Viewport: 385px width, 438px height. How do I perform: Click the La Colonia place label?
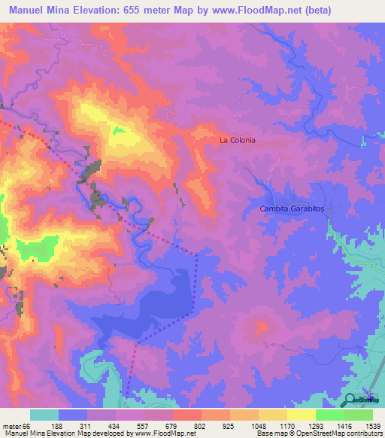[238, 140]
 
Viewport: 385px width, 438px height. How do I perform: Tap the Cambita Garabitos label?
[291, 208]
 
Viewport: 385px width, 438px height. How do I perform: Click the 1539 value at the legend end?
[371, 424]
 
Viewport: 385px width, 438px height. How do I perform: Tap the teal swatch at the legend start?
[44, 415]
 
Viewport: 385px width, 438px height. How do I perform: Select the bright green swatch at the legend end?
[359, 415]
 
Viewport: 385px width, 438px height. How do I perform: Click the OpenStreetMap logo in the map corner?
[360, 400]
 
